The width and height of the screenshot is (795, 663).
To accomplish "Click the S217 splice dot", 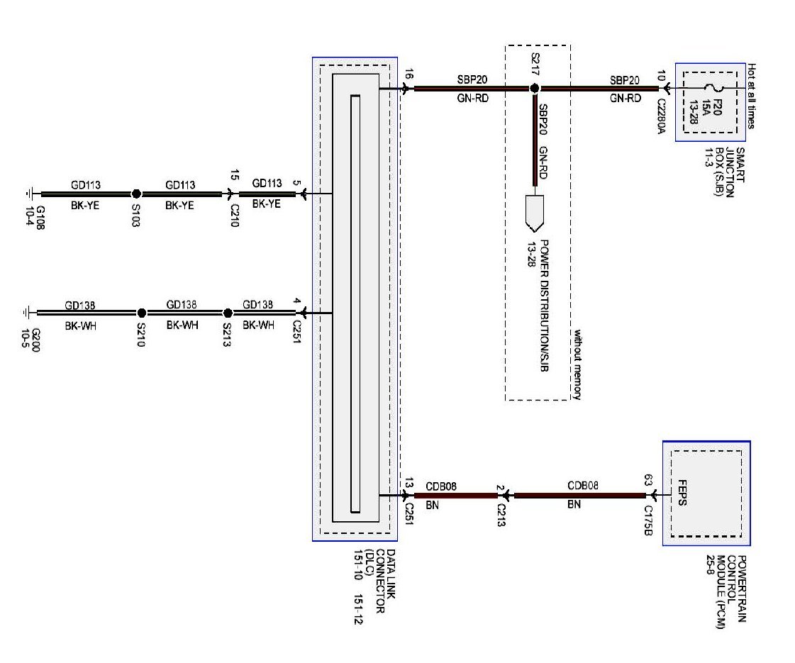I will coord(535,89).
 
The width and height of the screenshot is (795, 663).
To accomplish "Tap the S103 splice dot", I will coord(136,194).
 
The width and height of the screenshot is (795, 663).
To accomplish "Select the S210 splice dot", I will coord(141,313).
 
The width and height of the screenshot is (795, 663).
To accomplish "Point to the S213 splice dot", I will coord(228,313).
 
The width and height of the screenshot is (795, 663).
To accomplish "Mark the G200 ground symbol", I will coord(28,313).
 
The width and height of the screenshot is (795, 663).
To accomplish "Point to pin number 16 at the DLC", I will coord(408,74).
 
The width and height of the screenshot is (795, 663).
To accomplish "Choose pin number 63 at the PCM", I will coord(647,479).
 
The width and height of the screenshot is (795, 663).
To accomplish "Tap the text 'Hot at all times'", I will coord(751,96).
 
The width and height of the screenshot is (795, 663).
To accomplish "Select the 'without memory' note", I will coord(577,364).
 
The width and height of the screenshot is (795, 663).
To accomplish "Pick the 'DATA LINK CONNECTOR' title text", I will coord(384,583).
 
